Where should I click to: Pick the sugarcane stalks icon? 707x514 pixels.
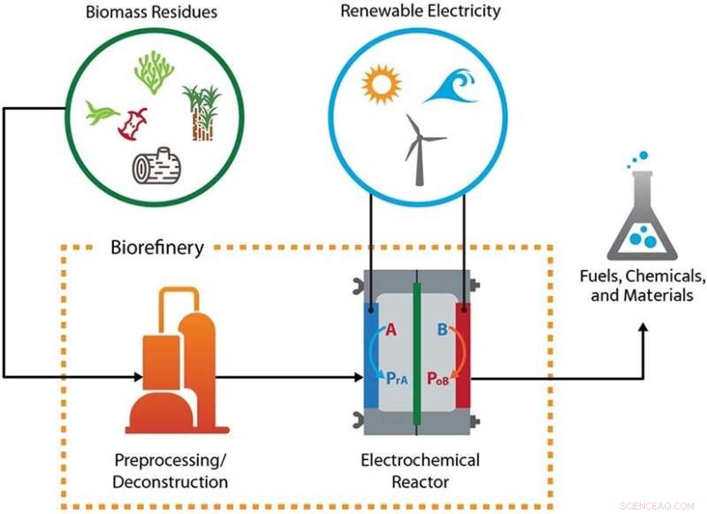201,112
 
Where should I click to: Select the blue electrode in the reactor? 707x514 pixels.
371,354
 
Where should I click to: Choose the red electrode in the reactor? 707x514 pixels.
462,354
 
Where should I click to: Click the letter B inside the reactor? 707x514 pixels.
441,330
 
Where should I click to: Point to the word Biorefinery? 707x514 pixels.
157,248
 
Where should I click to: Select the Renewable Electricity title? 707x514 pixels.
420,12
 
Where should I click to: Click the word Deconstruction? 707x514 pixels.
171,483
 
